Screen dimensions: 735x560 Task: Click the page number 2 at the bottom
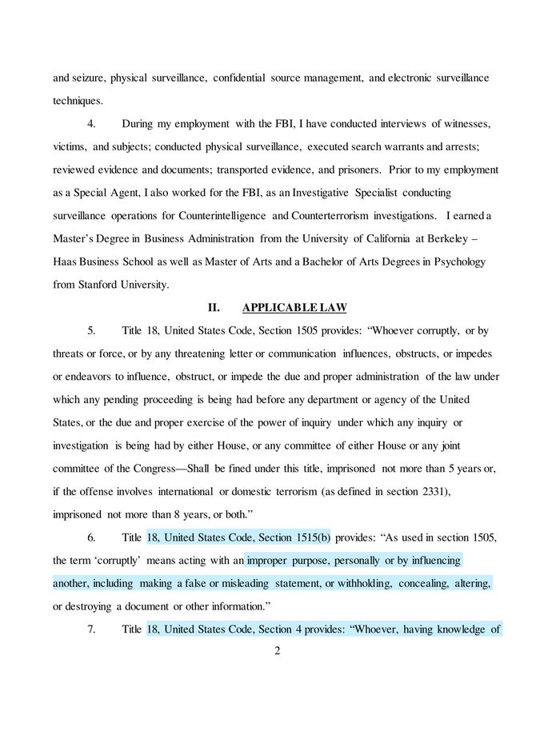[x=277, y=650]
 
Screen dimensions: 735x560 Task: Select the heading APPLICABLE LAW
[x=294, y=308]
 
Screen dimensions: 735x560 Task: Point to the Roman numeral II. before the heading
[x=214, y=308]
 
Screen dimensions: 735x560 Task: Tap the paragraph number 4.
[x=91, y=124]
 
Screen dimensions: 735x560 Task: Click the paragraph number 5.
[x=91, y=330]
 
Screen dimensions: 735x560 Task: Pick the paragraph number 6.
[x=91, y=537]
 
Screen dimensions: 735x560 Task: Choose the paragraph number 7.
[x=91, y=629]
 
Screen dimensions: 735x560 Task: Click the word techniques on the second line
[x=77, y=101]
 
